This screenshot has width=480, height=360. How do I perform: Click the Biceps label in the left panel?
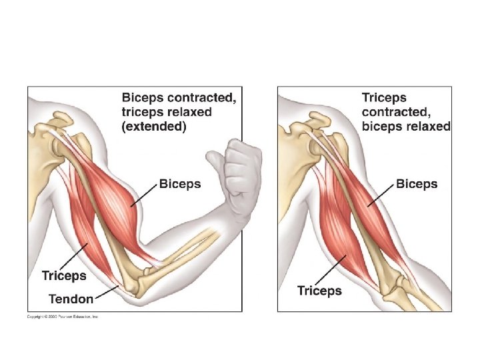click(179, 184)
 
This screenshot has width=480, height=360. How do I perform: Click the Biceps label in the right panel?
click(417, 184)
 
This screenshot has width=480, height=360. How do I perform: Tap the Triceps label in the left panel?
click(64, 275)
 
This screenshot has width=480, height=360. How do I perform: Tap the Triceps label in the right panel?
click(319, 291)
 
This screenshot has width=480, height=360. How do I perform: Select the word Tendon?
click(71, 299)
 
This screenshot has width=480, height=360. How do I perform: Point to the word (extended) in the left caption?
click(154, 127)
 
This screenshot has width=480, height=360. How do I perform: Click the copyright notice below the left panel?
click(63, 317)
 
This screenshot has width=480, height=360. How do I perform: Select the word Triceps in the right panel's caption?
click(383, 97)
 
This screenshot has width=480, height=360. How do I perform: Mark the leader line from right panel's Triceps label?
click(330, 270)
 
